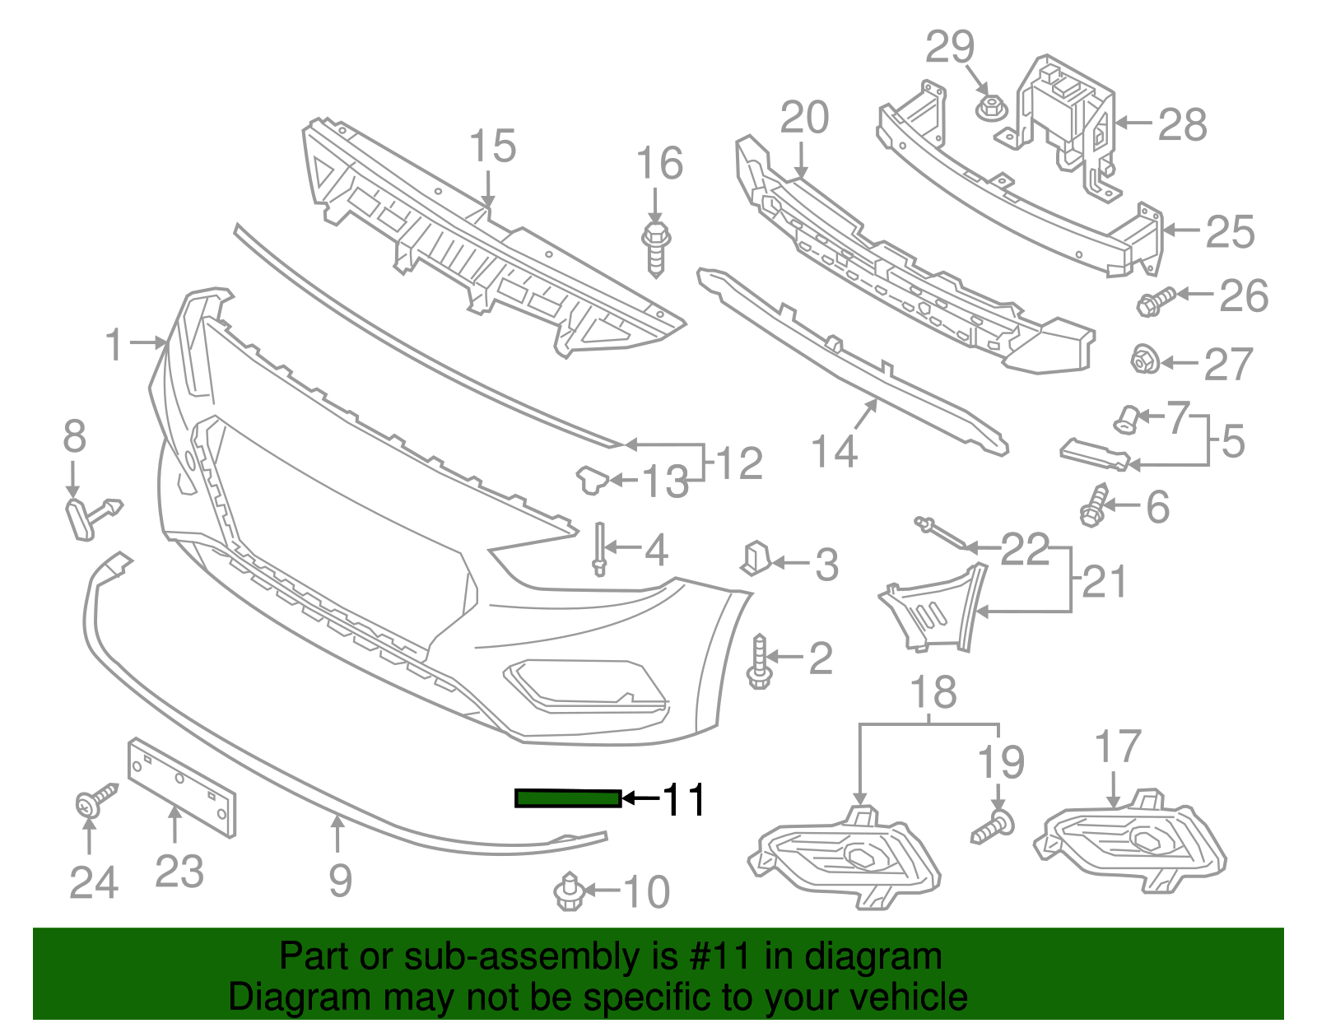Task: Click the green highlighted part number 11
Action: point(567,798)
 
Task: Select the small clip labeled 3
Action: point(755,557)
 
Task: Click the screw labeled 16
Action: point(656,246)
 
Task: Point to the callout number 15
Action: point(492,147)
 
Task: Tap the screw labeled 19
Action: point(994,828)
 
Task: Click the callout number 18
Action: point(933,692)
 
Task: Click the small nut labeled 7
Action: point(1125,419)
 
